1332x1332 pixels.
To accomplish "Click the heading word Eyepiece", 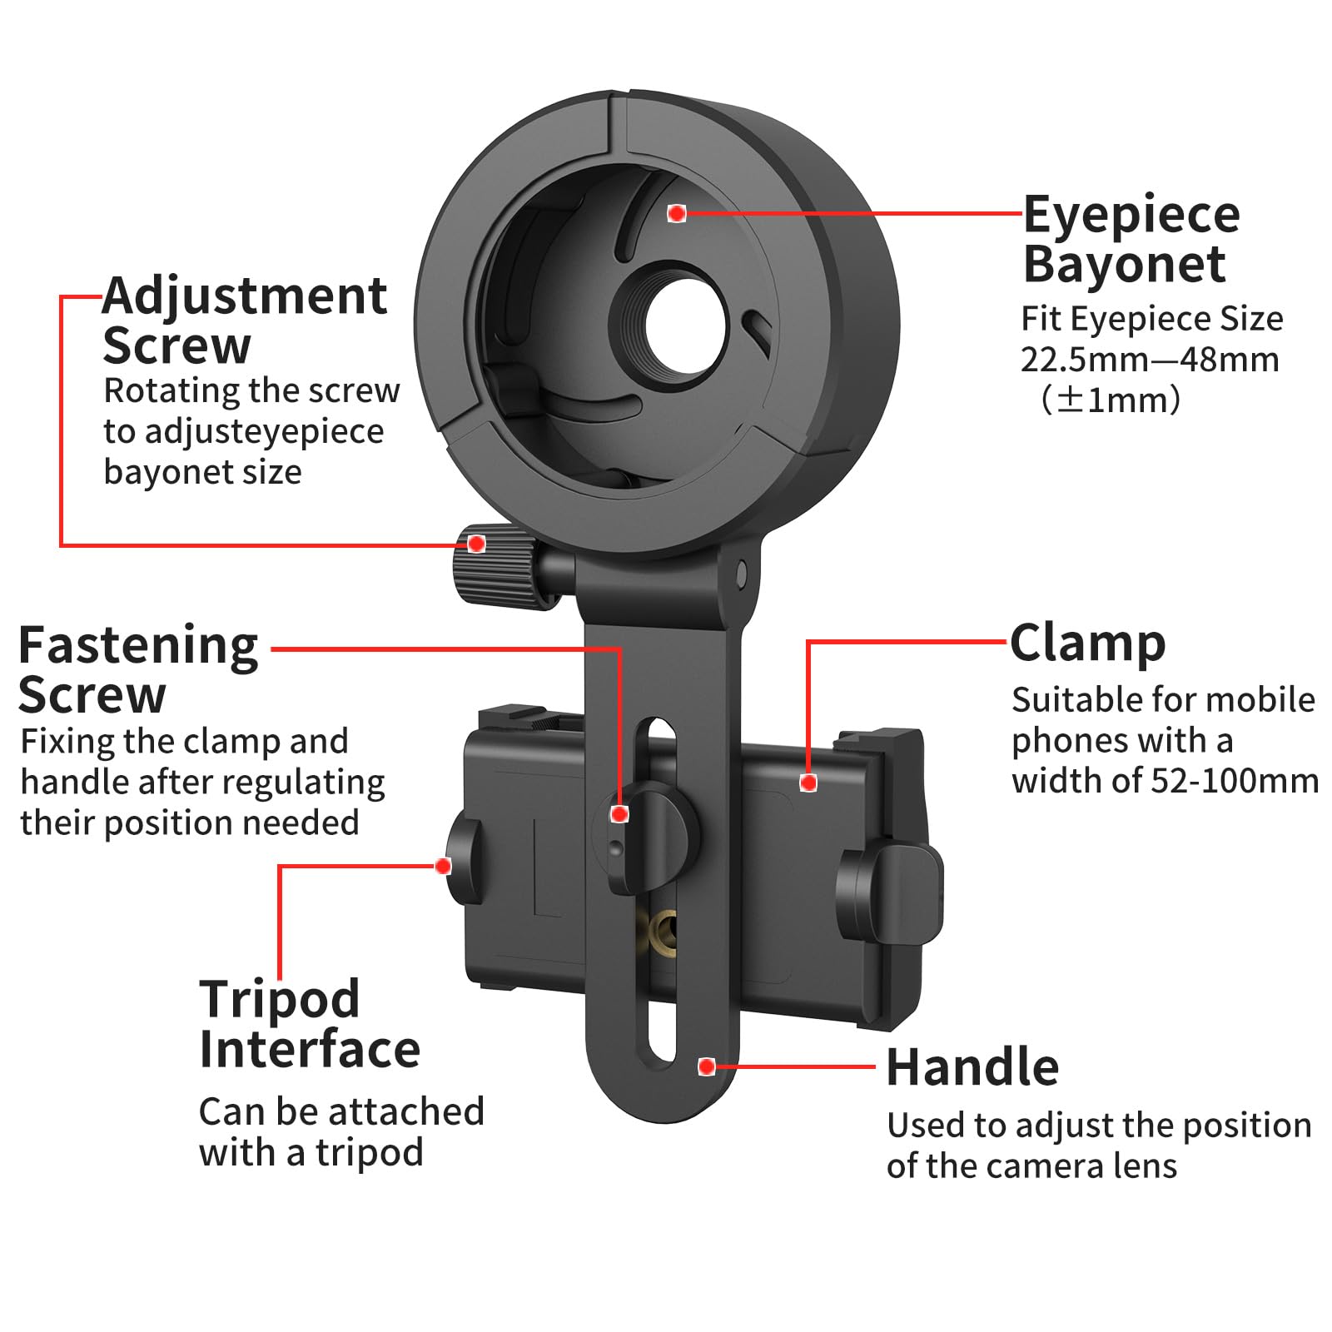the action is coord(1131,216).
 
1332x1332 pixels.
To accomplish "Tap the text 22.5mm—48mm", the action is coord(1150,360).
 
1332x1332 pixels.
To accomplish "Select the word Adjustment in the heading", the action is coord(245,296).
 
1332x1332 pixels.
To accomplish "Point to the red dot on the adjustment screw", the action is coord(476,544).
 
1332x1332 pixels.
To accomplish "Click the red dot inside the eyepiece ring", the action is coord(677,214).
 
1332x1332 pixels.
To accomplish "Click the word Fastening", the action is coord(138,645).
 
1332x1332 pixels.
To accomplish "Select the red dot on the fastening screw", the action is coord(619,814).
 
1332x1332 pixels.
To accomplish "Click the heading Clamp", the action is coord(1087,644).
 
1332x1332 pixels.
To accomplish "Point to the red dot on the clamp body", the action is coord(808,783).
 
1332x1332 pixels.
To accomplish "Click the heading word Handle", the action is coord(972,1067).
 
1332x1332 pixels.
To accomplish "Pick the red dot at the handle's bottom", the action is coord(707,1066).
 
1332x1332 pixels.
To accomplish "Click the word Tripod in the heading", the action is coord(280,999).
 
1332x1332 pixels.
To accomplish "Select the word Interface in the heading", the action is coord(310,1050).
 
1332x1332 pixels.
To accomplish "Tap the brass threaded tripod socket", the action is coord(662,927).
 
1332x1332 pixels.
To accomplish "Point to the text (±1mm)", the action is coord(1110,400).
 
